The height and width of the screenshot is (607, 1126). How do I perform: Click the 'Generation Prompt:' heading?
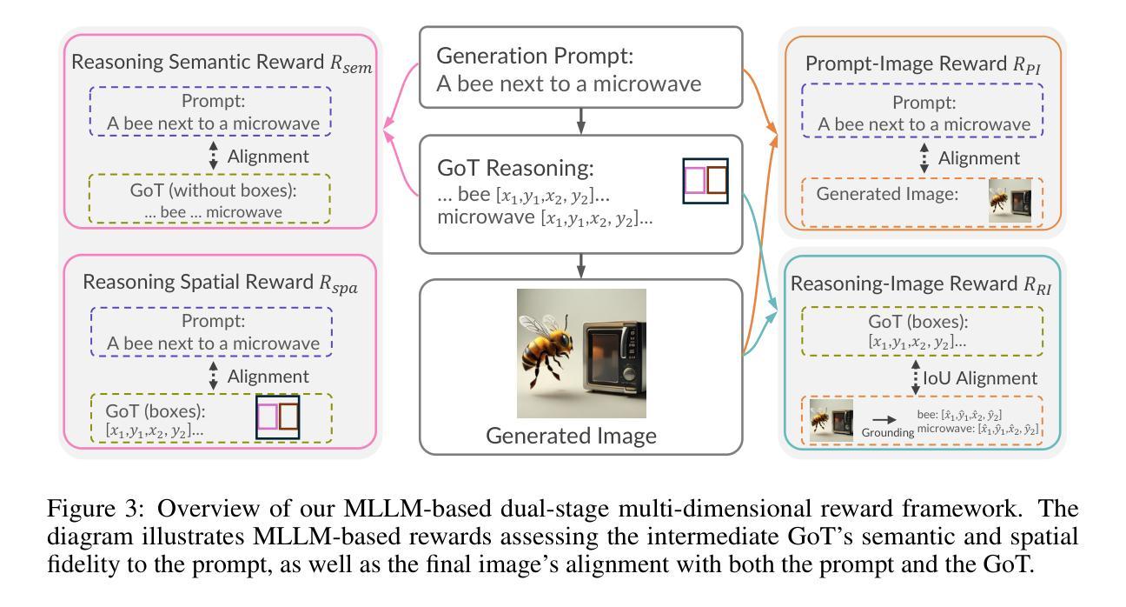point(535,57)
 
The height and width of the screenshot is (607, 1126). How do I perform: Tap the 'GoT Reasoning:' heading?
point(515,168)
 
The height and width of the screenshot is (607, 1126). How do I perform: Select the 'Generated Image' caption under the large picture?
point(571,436)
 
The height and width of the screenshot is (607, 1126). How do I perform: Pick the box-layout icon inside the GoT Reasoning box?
point(705,181)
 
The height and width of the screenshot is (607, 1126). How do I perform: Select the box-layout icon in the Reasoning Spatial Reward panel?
point(277,417)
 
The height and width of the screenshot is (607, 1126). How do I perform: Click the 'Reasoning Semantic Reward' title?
point(197,63)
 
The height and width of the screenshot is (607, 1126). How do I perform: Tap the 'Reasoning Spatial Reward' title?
point(198,283)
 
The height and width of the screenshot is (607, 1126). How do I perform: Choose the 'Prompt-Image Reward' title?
point(906,64)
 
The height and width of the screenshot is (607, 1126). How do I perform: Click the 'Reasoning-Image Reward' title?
point(904,283)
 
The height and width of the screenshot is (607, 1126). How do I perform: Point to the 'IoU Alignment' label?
point(980,378)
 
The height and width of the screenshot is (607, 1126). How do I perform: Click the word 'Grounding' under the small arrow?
point(888,432)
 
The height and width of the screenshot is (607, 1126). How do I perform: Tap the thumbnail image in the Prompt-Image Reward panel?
point(1010,201)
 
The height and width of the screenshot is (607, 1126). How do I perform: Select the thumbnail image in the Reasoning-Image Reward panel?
point(831,420)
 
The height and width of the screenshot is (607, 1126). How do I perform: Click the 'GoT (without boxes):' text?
point(213,190)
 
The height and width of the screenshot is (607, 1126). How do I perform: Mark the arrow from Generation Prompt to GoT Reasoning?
point(581,121)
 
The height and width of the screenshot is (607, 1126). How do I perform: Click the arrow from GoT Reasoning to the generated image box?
point(581,266)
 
